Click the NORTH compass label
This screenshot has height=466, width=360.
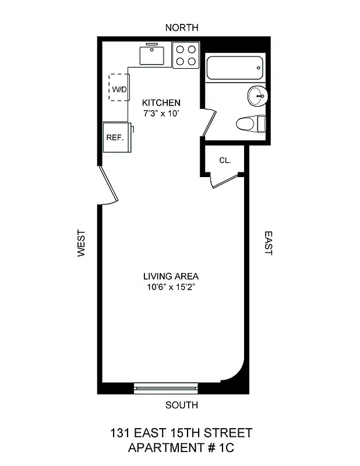(181, 27)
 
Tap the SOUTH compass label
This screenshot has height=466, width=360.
(181, 405)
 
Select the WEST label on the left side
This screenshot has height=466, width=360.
(82, 243)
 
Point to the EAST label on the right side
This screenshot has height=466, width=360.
(268, 243)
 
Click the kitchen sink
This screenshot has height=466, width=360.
(153, 56)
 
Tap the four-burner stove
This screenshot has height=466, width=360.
(186, 55)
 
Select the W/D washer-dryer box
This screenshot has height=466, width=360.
(119, 89)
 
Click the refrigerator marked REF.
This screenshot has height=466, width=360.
(115, 138)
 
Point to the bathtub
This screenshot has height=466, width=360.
(235, 69)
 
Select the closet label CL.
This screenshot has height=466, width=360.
(225, 160)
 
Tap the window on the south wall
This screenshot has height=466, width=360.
(165, 387)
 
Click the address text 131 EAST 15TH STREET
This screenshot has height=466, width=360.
(181, 433)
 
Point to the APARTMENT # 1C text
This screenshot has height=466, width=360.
(181, 447)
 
